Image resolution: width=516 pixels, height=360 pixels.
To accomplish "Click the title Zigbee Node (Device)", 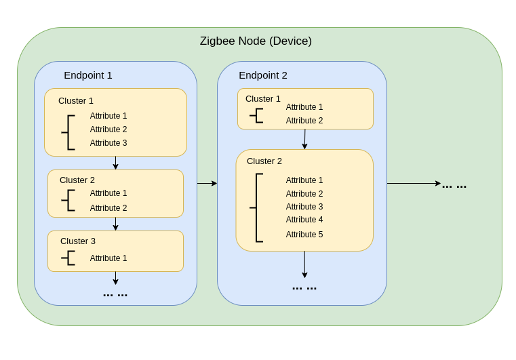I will tap(256, 41).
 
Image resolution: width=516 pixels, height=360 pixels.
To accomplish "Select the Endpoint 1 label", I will tap(88, 75).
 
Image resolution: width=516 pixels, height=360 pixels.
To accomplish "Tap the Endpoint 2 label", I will tap(263, 75).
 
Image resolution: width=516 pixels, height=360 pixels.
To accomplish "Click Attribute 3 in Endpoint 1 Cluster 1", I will tap(108, 143).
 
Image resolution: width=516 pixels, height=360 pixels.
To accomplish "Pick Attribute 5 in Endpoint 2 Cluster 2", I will tap(304, 235).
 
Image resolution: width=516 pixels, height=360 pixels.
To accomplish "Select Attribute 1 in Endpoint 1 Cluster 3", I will tap(108, 258).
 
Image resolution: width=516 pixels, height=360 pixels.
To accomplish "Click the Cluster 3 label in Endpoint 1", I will tap(78, 241).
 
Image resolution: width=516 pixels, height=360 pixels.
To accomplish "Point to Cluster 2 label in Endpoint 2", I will tap(264, 161).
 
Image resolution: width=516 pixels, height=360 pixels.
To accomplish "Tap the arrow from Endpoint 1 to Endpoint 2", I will tap(207, 183).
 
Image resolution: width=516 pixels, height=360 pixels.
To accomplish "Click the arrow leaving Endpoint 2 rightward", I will tap(414, 183).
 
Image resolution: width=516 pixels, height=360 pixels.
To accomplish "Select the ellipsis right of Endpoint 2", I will tap(454, 186).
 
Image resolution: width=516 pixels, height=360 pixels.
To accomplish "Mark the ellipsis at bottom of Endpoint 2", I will tap(304, 288).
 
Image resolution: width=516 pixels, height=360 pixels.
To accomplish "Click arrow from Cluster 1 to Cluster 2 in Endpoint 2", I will tap(304, 139).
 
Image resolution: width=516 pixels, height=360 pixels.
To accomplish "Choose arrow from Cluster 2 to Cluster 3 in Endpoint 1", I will tap(115, 224).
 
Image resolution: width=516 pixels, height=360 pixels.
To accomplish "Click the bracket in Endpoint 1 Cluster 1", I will tap(69, 132).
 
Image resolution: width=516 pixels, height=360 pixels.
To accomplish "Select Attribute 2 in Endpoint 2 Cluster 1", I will tap(304, 121).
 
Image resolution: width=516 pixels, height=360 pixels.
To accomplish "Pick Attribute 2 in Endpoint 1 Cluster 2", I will tap(108, 208).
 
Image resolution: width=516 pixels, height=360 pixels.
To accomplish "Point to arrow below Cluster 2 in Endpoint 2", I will tap(304, 264).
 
